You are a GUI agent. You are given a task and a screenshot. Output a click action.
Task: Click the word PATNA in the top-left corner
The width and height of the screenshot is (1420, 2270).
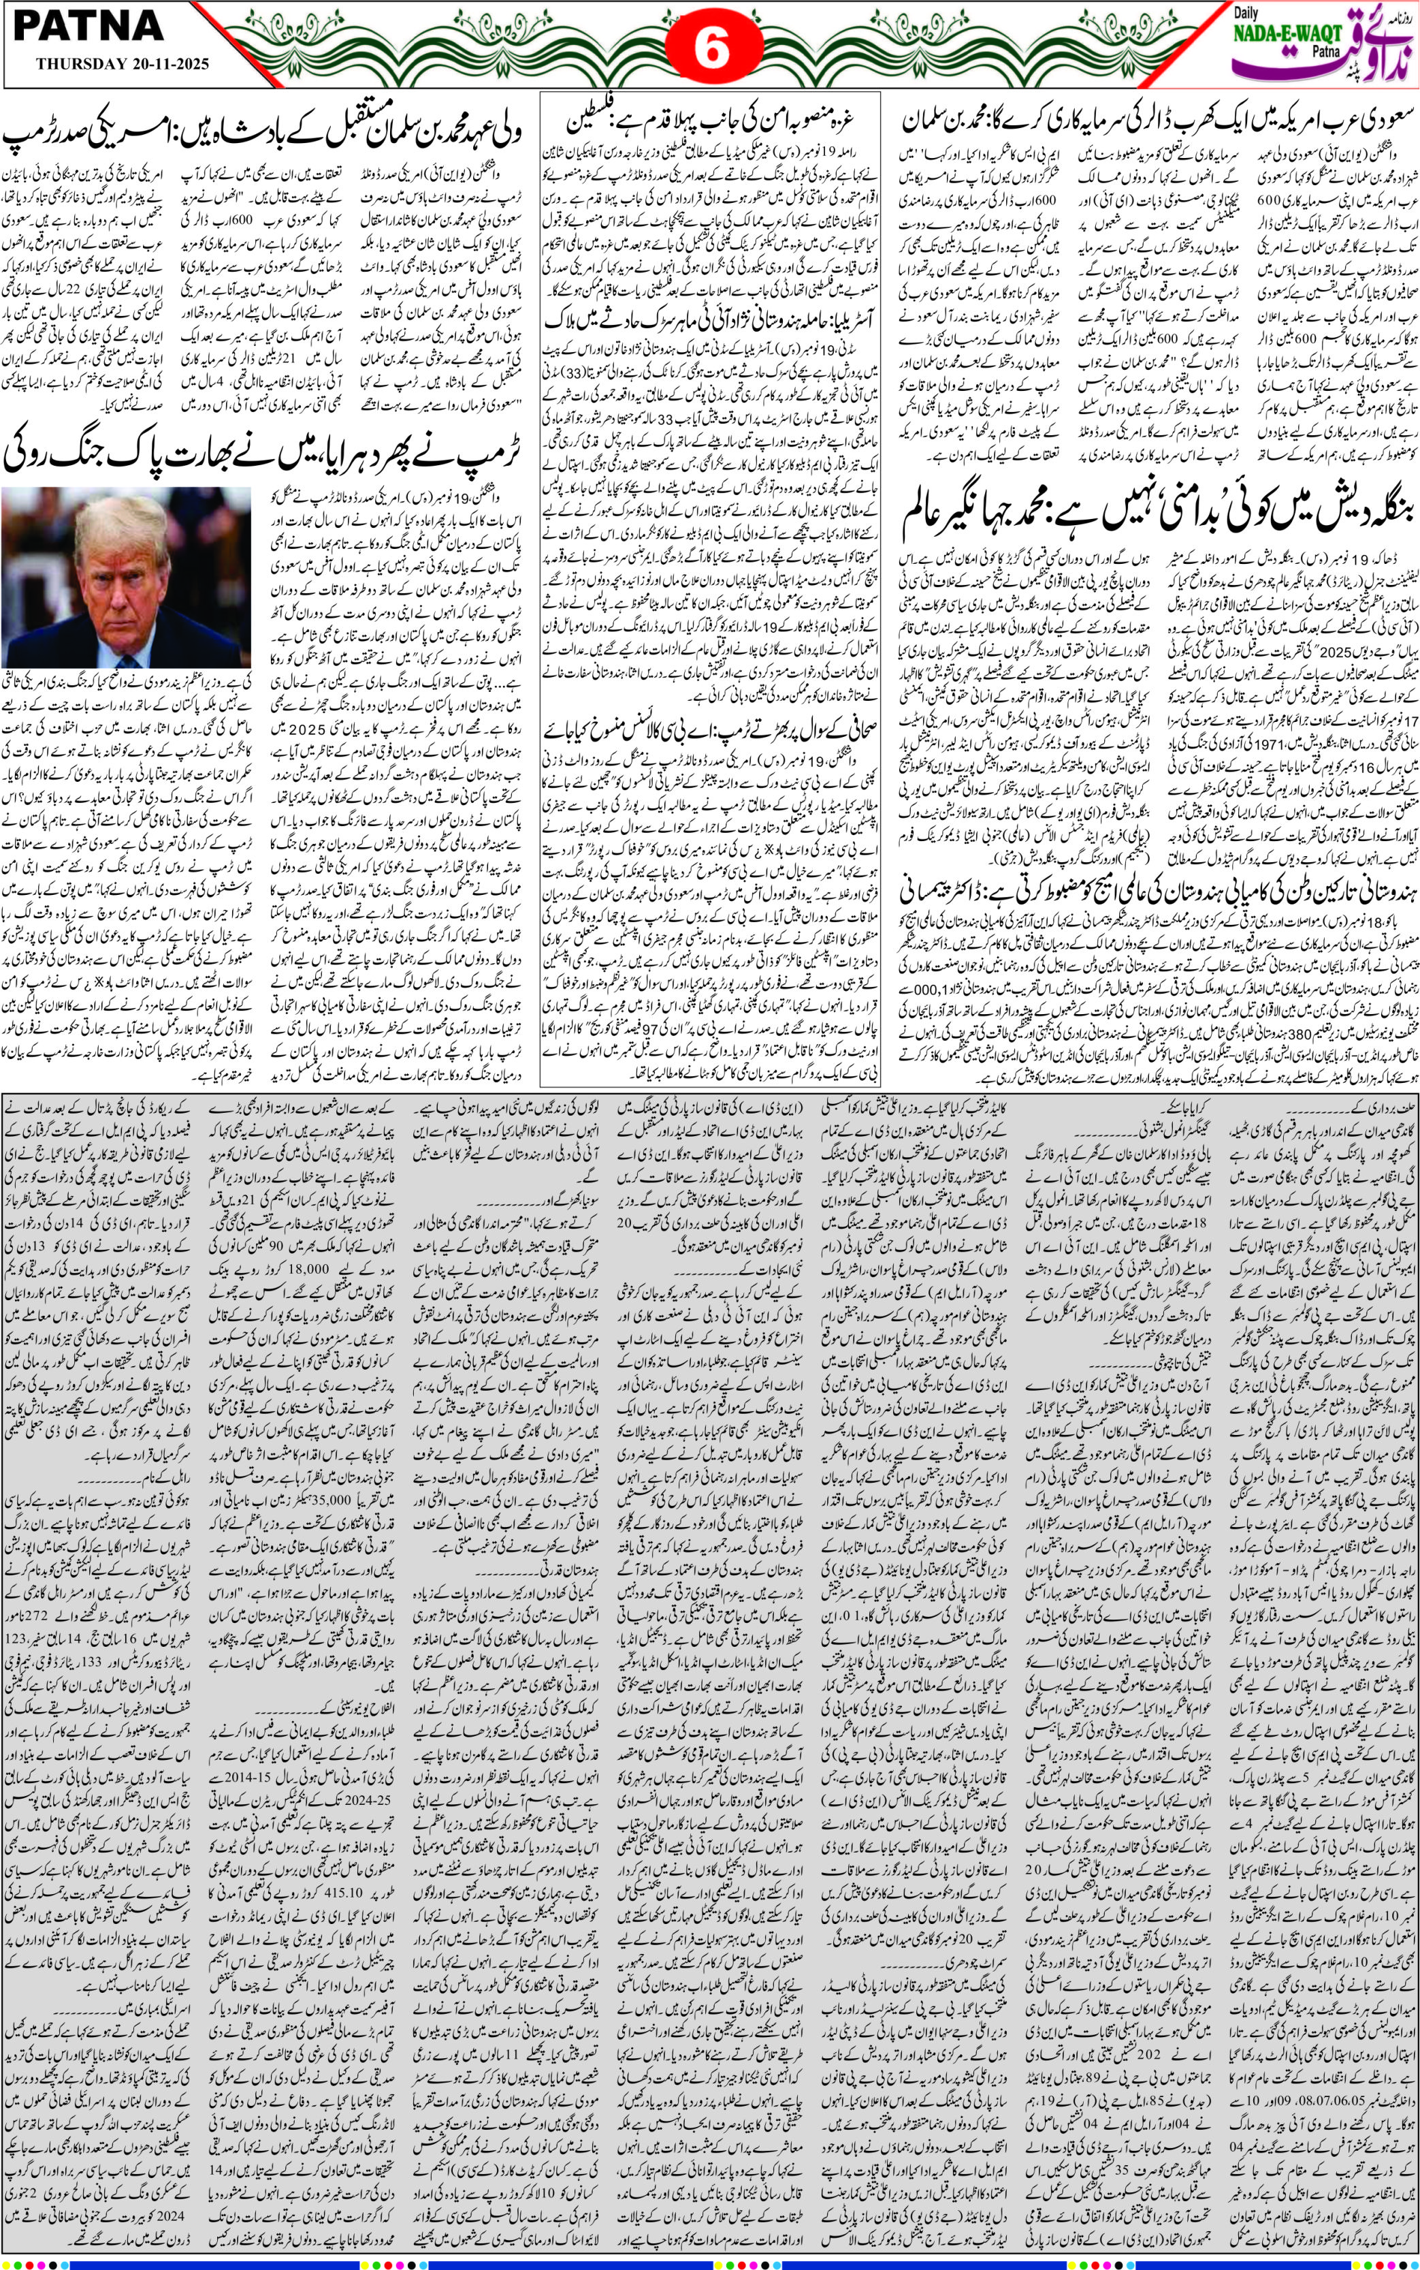89,28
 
